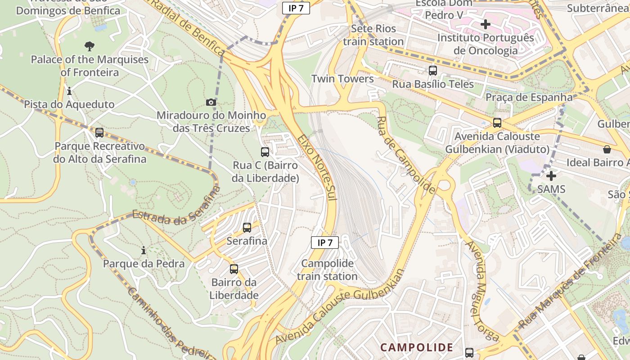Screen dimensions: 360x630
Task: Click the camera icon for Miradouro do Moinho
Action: coord(211,103)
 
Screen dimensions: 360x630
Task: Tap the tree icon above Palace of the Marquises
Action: coord(90,46)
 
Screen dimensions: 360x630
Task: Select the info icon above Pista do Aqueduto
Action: coord(69,91)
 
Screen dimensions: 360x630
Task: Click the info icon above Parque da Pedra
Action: coord(144,250)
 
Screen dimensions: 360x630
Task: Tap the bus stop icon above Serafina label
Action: coord(247,228)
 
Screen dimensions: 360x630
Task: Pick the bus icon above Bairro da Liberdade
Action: coord(234,269)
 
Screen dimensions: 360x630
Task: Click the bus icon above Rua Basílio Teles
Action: coord(433,71)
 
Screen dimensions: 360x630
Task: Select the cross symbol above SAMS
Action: coord(551,175)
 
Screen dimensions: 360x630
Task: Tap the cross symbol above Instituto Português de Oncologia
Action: coord(486,24)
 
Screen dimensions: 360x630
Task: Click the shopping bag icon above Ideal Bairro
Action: coord(607,149)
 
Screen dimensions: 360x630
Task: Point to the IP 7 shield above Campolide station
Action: coord(325,243)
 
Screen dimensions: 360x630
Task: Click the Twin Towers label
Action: coord(342,79)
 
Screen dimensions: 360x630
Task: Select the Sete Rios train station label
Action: coord(373,35)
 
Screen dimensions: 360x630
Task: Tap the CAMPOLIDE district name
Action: coord(417,347)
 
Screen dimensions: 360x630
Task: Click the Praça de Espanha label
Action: coord(529,97)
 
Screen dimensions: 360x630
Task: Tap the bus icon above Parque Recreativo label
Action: coord(99,133)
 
